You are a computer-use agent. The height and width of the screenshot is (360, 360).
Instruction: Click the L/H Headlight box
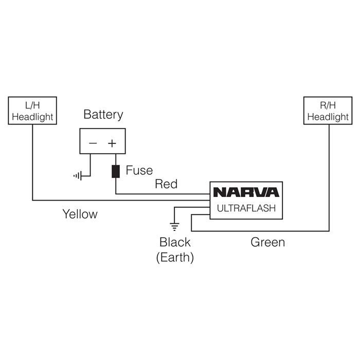[32, 111]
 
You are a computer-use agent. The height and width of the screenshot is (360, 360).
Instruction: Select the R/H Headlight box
[328, 111]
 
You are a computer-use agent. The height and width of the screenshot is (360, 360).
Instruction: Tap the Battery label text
[103, 114]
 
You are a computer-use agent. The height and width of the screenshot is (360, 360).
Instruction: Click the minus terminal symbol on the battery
[93, 143]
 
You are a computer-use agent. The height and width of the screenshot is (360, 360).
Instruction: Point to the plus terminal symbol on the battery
[112, 143]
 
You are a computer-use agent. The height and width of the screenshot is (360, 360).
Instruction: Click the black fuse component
[115, 171]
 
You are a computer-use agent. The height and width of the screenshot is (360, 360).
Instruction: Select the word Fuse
[139, 171]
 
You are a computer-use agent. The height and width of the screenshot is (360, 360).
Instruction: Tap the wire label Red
[166, 184]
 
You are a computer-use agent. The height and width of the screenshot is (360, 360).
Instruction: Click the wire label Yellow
[80, 214]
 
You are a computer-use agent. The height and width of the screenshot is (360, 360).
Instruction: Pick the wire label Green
[267, 242]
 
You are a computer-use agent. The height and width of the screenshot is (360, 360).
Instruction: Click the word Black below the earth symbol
[175, 242]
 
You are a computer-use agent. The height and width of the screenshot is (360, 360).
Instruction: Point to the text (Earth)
[175, 257]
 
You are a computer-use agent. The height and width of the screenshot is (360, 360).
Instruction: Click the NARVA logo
[246, 192]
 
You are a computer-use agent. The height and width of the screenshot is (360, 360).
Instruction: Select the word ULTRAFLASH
[246, 208]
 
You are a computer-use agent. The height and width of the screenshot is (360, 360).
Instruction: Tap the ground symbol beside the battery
[78, 176]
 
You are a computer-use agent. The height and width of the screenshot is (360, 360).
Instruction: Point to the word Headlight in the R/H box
[328, 117]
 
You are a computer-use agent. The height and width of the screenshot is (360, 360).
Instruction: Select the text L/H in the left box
[32, 105]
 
